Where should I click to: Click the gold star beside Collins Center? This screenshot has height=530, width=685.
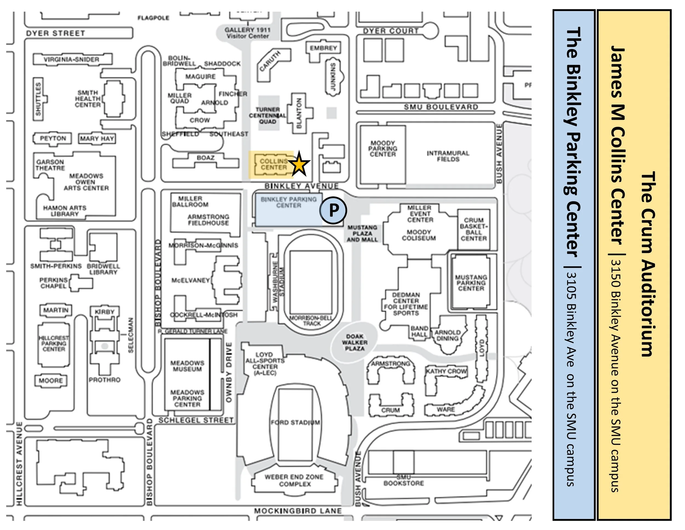pyautogui.click(x=299, y=164)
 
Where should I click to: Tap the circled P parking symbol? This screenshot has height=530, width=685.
pyautogui.click(x=333, y=210)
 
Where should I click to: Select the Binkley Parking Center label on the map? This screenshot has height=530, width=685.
pyautogui.click(x=289, y=202)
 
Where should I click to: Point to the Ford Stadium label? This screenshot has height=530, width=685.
pyautogui.click(x=295, y=423)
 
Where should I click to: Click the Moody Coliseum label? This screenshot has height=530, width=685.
pyautogui.click(x=419, y=235)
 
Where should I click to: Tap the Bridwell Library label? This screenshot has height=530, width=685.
pyautogui.click(x=103, y=269)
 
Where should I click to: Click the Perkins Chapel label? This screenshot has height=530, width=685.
pyautogui.click(x=53, y=283)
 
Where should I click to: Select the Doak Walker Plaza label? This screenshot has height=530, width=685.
pyautogui.click(x=355, y=343)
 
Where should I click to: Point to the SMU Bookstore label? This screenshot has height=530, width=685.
pyautogui.click(x=404, y=481)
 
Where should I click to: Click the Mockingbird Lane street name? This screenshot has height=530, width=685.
pyautogui.click(x=298, y=511)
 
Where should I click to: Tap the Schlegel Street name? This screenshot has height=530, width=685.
pyautogui.click(x=196, y=420)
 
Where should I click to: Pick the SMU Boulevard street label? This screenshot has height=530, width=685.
pyautogui.click(x=441, y=107)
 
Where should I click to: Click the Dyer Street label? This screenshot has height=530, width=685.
pyautogui.click(x=56, y=33)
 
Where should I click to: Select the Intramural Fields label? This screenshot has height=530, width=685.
pyautogui.click(x=448, y=156)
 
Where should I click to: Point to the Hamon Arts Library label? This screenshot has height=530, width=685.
pyautogui.click(x=65, y=211)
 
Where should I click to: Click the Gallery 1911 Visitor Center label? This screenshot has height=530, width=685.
pyautogui.click(x=247, y=33)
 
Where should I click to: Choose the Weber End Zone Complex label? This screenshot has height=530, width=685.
pyautogui.click(x=294, y=480)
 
